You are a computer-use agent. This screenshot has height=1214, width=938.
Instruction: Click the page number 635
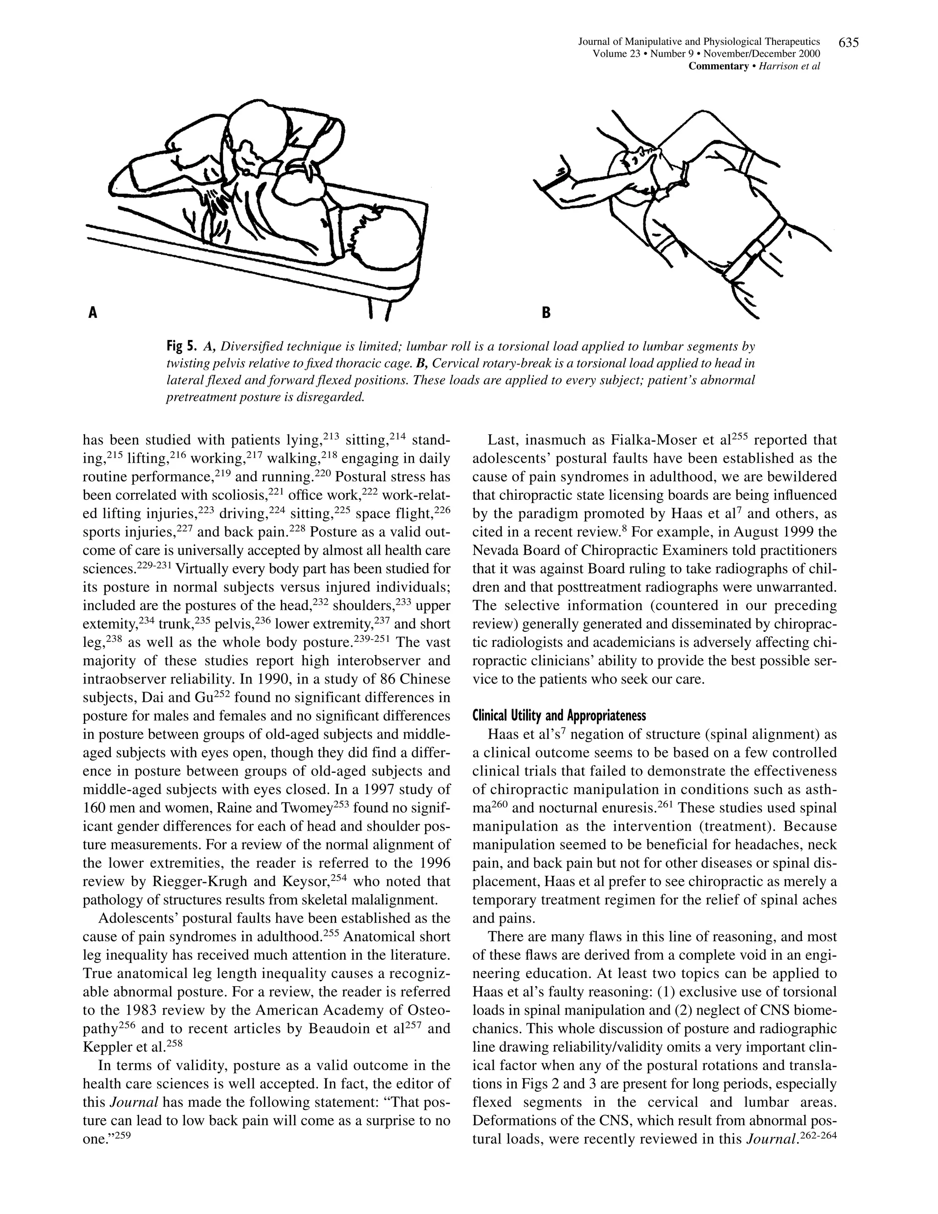[x=849, y=42]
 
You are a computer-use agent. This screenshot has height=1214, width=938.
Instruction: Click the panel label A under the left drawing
[x=93, y=313]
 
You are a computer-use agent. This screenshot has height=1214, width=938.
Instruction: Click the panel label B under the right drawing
[x=546, y=313]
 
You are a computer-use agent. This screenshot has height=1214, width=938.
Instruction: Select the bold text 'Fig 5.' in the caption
[x=182, y=347]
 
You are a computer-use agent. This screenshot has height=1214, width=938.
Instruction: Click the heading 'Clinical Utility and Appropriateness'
[x=559, y=716]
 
